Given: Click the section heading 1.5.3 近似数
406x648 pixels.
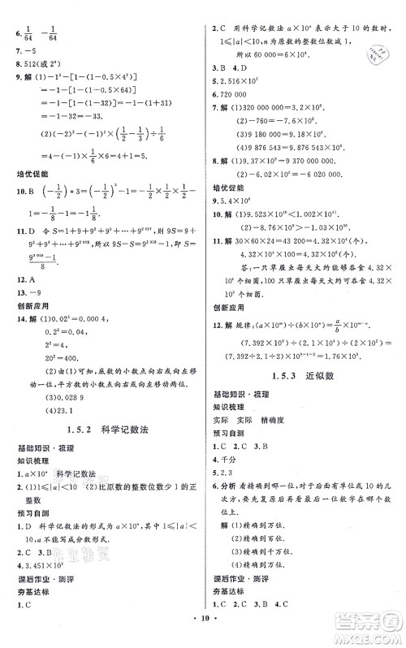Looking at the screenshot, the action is (x=309, y=376).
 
